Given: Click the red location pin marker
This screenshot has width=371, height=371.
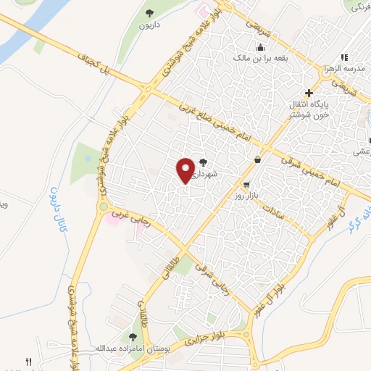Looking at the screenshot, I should click(186, 170).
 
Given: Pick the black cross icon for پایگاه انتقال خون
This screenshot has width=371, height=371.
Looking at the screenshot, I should click(309, 93).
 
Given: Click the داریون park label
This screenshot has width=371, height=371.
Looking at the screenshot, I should click(154, 23).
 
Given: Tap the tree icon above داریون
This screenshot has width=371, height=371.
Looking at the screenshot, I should click(150, 12).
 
